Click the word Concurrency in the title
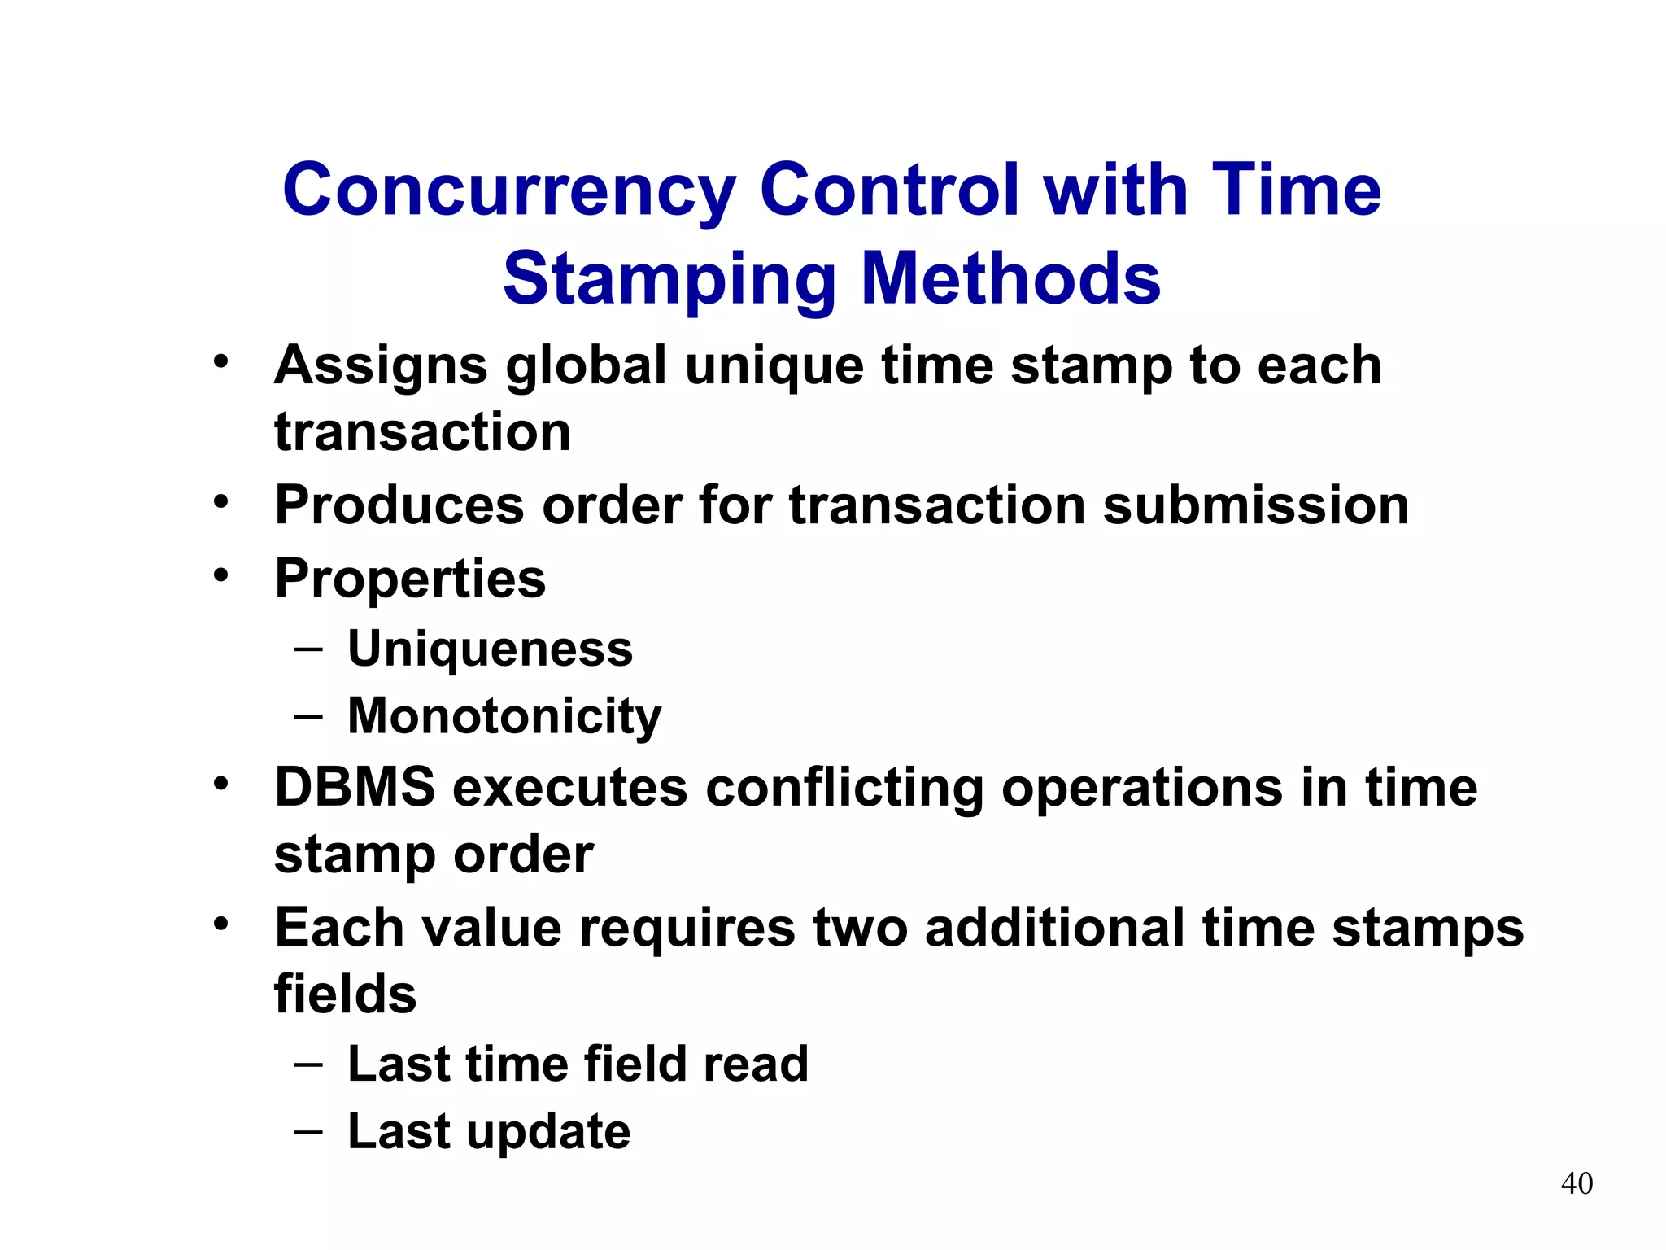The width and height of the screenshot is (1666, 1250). pyautogui.click(x=508, y=191)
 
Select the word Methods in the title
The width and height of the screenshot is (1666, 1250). pyautogui.click(x=1010, y=279)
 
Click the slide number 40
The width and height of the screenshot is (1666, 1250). pyautogui.click(x=1577, y=1183)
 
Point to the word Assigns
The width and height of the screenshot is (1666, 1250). pyautogui.click(x=381, y=366)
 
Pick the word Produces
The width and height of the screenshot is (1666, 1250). pyautogui.click(x=399, y=506)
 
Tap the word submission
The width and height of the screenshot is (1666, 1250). pyautogui.click(x=1256, y=506)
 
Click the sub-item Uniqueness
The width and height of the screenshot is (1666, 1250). pyautogui.click(x=490, y=649)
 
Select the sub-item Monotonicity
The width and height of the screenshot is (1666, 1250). pyautogui.click(x=504, y=717)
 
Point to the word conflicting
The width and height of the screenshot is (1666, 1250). pyautogui.click(x=844, y=789)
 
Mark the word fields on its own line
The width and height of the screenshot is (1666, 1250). pyautogui.click(x=345, y=994)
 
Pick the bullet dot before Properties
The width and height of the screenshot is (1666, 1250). pyautogui.click(x=221, y=575)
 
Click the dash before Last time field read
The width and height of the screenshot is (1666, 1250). pyautogui.click(x=308, y=1064)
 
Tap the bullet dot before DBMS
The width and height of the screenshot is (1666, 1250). pyautogui.click(x=221, y=785)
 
